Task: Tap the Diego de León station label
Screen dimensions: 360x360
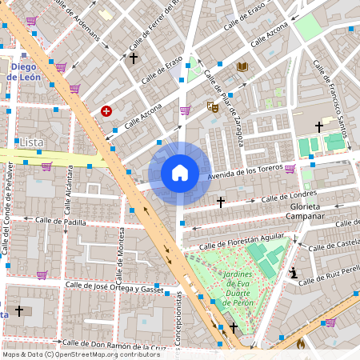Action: tap(24, 72)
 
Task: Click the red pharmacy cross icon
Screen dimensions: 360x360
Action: tap(106, 111)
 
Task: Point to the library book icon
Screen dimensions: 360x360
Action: tap(242, 67)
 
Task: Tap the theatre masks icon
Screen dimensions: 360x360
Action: tap(213, 106)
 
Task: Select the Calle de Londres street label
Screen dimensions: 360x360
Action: tap(289, 195)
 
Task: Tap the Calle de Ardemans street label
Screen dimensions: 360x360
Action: tap(82, 22)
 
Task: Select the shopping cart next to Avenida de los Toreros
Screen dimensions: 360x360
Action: tap(289, 169)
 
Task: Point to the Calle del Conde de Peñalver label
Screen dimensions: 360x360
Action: tap(8, 208)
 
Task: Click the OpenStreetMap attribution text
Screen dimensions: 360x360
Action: tap(81, 354)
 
